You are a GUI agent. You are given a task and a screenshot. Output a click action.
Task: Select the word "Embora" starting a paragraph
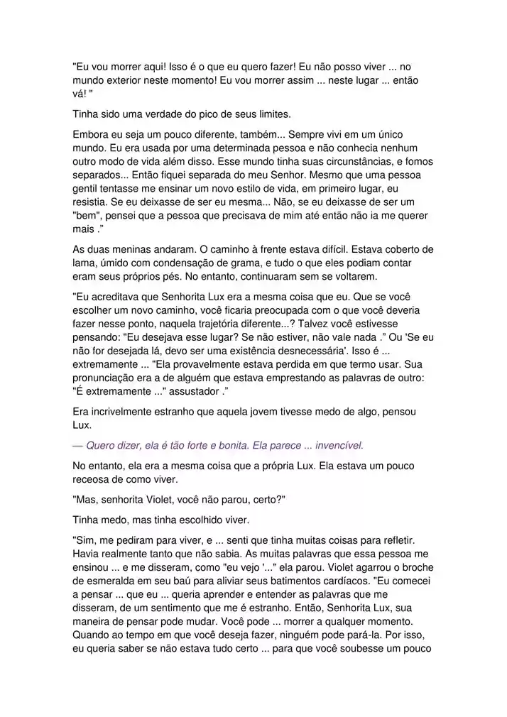[91, 134]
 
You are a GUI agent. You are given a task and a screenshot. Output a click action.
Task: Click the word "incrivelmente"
[122, 412]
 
